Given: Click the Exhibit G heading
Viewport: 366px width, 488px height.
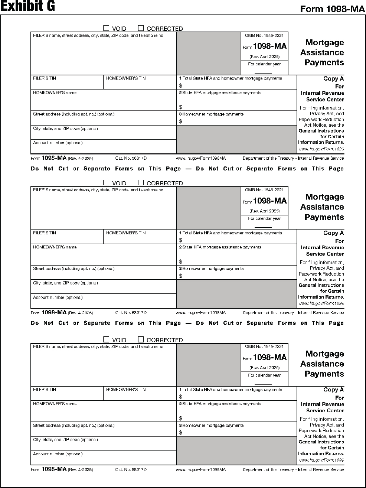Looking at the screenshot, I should [x=28, y=6].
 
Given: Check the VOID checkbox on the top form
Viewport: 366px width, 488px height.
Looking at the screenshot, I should [x=106, y=28].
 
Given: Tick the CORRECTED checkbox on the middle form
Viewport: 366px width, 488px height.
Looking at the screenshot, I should [x=141, y=183].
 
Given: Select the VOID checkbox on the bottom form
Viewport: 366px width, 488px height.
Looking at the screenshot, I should [x=106, y=339].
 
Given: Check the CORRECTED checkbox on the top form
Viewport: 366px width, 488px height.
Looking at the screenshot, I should [x=141, y=28].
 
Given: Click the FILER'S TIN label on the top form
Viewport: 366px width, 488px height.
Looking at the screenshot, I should [x=45, y=78].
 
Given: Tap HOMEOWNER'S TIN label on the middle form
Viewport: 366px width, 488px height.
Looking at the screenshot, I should [x=126, y=233].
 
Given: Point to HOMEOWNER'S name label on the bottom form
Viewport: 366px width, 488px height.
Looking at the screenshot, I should [x=55, y=404].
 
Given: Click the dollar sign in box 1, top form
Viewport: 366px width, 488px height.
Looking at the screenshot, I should [x=181, y=85].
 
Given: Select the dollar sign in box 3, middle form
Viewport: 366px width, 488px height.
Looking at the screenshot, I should [x=181, y=276].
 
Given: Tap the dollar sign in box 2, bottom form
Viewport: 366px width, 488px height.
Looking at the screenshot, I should [x=181, y=418].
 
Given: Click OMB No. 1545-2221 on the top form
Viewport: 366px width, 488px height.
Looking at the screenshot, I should [x=264, y=35].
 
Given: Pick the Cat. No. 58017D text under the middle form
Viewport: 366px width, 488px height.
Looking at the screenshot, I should [x=131, y=313].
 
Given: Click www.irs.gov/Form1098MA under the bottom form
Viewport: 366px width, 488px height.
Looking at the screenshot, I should [x=200, y=469].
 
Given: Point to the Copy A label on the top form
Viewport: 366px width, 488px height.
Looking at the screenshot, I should [x=333, y=79].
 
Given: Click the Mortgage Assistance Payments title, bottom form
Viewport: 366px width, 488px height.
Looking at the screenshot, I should [x=322, y=364].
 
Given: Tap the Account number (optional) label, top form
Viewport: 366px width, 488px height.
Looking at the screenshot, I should [x=58, y=143].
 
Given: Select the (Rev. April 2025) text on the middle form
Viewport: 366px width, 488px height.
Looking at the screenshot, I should [x=264, y=211].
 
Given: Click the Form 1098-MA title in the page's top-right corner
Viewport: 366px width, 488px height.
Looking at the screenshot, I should [x=333, y=9].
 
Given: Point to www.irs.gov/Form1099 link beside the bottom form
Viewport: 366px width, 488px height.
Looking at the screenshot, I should [x=321, y=460].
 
